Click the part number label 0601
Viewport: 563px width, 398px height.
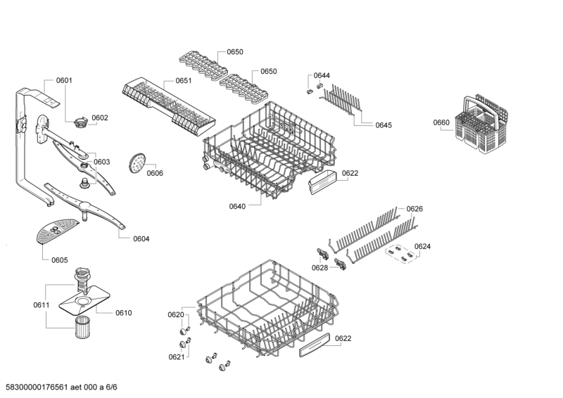[64, 80]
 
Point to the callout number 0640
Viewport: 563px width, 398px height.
[237, 206]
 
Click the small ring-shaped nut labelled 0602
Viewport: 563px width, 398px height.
[81, 122]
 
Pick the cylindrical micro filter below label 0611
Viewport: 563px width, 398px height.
[82, 327]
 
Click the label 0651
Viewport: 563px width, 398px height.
[184, 81]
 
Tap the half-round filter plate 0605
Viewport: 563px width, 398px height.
[57, 231]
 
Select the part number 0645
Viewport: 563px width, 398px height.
[384, 125]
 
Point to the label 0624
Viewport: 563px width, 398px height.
[422, 247]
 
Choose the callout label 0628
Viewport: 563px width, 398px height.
[320, 268]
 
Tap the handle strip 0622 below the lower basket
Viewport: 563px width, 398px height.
[315, 345]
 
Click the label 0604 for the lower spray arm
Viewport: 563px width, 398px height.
[141, 239]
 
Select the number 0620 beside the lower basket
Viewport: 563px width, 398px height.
[176, 315]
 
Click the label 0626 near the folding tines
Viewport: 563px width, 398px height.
[415, 209]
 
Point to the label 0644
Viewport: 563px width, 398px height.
[322, 75]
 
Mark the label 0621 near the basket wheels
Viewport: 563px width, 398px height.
[177, 357]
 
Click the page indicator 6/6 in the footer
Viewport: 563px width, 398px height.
[112, 387]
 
